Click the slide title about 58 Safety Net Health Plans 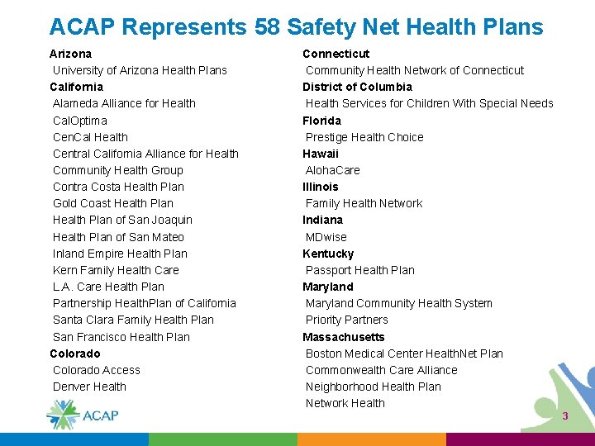[296, 26]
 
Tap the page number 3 [565, 416]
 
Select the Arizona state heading [71, 54]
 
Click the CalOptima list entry [80, 121]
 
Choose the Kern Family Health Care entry [116, 270]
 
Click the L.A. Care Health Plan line [108, 287]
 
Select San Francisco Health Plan [121, 337]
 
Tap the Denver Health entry [89, 387]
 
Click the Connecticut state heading [336, 54]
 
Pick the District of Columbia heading [357, 87]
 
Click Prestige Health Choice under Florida [364, 137]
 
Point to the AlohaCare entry [333, 170]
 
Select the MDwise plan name [326, 237]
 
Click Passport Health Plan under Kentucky [360, 270]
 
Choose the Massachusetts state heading [344, 337]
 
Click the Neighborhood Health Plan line [374, 387]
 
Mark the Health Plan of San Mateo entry [118, 237]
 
